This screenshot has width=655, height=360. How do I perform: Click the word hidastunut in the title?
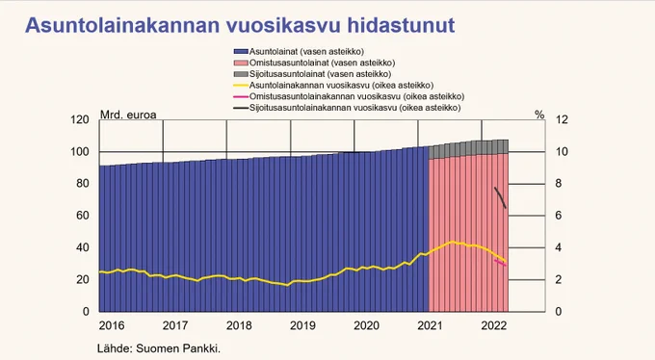(x=401, y=25)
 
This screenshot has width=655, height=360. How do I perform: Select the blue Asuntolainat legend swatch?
(x=241, y=52)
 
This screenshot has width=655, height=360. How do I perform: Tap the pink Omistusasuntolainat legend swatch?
(x=241, y=64)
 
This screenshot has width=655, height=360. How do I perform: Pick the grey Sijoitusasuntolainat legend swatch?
(x=241, y=74)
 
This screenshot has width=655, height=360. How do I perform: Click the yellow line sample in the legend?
(x=241, y=86)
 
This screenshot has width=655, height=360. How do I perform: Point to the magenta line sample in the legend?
(x=241, y=97)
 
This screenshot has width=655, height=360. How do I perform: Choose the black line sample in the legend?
(x=241, y=108)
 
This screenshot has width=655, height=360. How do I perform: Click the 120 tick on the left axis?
(x=79, y=120)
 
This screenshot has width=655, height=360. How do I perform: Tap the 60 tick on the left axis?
(x=83, y=216)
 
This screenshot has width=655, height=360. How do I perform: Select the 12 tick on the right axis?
(x=562, y=120)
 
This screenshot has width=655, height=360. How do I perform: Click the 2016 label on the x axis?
(x=112, y=325)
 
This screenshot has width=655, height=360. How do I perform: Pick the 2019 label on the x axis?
(x=302, y=325)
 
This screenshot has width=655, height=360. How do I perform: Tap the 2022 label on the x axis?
(x=494, y=325)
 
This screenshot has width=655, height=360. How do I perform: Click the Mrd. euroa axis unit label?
(x=128, y=115)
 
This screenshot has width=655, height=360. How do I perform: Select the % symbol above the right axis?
(x=539, y=115)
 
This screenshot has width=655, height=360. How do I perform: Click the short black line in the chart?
(x=500, y=197)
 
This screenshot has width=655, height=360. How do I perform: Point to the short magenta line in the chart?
(x=500, y=263)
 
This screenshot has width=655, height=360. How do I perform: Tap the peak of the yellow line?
(x=453, y=242)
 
